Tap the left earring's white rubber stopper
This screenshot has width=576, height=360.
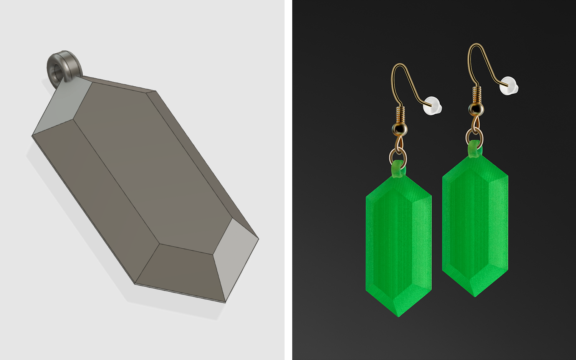(x=432, y=105)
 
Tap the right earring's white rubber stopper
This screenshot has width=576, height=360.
(x=509, y=85)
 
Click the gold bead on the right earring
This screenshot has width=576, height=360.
(x=476, y=109)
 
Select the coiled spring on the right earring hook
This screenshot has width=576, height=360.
(x=477, y=94)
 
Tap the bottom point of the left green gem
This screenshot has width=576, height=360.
(x=399, y=315)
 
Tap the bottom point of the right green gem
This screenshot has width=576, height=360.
(x=475, y=296)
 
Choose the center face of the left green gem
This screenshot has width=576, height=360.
(x=398, y=246)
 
